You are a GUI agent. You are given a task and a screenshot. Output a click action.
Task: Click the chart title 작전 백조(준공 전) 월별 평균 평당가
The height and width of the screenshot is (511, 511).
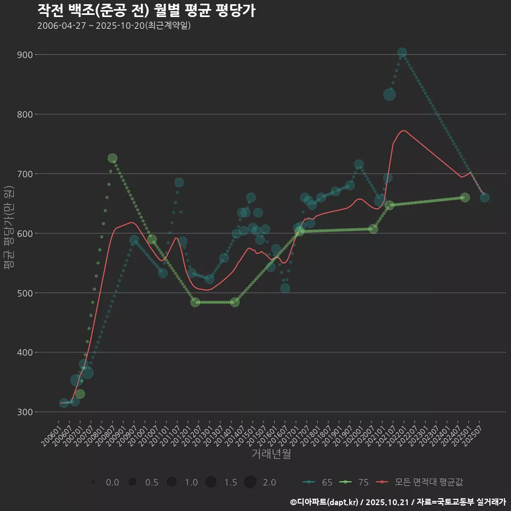(x=146, y=10)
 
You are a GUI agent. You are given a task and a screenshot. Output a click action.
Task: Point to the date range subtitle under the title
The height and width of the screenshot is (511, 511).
(x=114, y=26)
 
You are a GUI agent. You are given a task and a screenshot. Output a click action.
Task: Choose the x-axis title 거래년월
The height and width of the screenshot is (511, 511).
(x=271, y=454)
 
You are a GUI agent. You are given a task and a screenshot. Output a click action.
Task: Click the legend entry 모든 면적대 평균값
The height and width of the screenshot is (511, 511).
(x=421, y=482)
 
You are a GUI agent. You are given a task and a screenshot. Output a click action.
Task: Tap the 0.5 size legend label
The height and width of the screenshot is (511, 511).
(x=152, y=482)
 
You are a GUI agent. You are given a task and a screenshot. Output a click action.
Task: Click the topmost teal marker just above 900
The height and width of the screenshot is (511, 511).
(x=402, y=53)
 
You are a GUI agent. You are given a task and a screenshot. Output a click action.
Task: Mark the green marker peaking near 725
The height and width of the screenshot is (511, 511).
(x=112, y=159)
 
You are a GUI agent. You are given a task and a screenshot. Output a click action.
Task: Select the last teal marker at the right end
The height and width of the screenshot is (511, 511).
(x=484, y=197)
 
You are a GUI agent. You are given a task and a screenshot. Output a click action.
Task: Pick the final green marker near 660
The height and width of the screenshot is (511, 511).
(x=465, y=197)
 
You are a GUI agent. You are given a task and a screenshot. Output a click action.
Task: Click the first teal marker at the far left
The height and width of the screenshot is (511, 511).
(x=64, y=403)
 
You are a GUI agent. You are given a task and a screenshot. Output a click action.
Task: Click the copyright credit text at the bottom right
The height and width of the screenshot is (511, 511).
(x=398, y=502)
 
